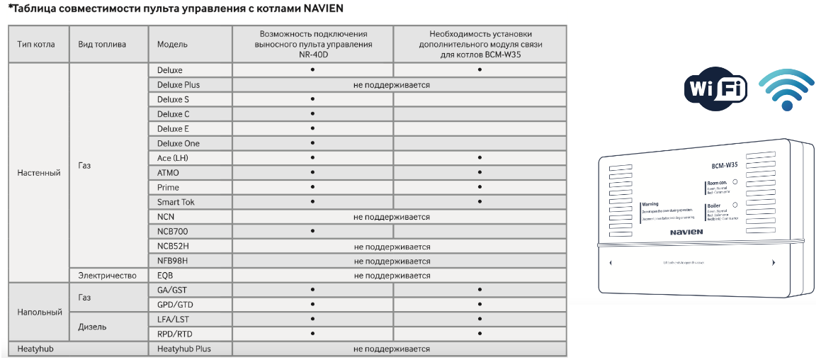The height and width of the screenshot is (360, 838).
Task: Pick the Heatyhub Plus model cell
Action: (183, 349)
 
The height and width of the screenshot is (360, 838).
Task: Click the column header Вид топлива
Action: (102, 44)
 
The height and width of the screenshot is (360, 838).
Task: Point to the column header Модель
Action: (172, 44)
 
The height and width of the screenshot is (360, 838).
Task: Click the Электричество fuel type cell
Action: (107, 275)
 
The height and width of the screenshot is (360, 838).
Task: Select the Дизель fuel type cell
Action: (92, 327)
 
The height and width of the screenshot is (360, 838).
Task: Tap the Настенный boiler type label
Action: (38, 173)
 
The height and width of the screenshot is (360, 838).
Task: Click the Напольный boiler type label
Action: (40, 312)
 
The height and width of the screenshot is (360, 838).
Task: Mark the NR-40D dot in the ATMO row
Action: (312, 173)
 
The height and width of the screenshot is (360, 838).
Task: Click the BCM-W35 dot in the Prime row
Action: (480, 188)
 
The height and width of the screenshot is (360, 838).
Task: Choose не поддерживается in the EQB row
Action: (392, 275)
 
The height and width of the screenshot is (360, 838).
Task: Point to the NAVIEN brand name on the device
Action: (685, 231)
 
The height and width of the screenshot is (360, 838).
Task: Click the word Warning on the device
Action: (650, 204)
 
